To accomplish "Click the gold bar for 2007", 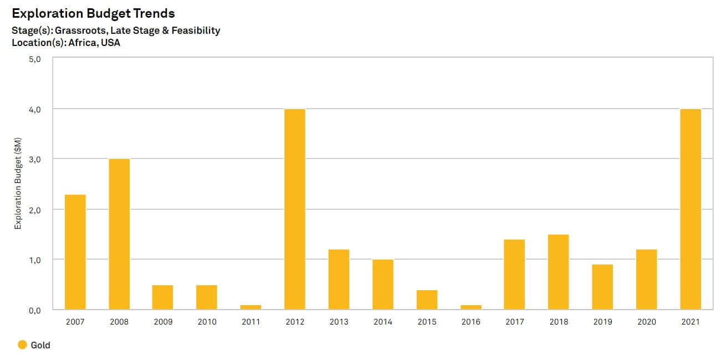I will pos(75,252).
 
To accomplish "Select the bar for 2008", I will pos(119,234).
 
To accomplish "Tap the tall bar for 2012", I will pos(295,209).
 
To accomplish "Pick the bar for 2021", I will pos(691,209).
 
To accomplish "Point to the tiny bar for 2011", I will pos(251,307).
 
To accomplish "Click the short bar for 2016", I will pos(471,307).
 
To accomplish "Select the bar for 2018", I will pos(559,272).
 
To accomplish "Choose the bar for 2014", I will pos(383,284).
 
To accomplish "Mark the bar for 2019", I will pos(602,287).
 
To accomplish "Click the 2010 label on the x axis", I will pos(207,322).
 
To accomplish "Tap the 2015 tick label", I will pos(427,322).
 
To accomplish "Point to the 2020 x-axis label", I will pos(647,322).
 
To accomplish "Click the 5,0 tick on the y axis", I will pos(34,59).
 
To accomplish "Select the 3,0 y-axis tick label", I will pos(34,160).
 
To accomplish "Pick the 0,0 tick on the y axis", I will pos(34,310).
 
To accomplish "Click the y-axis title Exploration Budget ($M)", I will pos(18,184).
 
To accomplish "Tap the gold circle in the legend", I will pos(22,345).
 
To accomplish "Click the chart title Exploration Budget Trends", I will pos(93,13).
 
